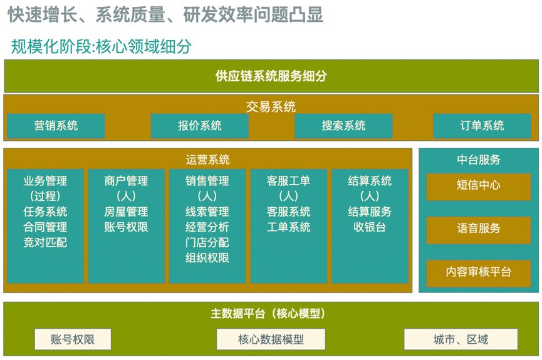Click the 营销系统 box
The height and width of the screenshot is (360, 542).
click(x=56, y=126)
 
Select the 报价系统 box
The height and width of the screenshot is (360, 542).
click(x=199, y=126)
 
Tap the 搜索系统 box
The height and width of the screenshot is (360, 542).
click(x=343, y=126)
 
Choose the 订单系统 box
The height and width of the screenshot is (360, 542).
click(x=482, y=126)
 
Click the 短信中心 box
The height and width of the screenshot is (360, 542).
click(x=478, y=186)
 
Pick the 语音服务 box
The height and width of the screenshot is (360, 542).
click(x=478, y=229)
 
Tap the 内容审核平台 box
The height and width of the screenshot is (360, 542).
click(x=478, y=272)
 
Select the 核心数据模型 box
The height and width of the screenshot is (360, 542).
click(x=271, y=339)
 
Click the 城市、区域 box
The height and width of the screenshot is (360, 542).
click(x=461, y=339)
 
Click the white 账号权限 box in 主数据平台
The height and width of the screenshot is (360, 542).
click(x=73, y=339)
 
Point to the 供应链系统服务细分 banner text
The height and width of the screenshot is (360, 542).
click(x=271, y=76)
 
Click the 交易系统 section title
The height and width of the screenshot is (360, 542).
click(x=271, y=106)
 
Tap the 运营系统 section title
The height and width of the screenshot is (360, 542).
click(x=207, y=160)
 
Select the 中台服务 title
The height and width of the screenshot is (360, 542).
click(x=478, y=160)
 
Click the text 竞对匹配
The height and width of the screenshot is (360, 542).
click(x=45, y=242)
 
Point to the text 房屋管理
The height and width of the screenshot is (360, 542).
click(x=126, y=212)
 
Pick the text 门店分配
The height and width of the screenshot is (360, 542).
click(x=207, y=242)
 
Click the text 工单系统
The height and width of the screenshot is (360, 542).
click(x=288, y=227)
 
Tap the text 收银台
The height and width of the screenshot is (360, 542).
click(x=370, y=227)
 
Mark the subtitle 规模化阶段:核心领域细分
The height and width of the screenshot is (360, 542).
click(x=102, y=46)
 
